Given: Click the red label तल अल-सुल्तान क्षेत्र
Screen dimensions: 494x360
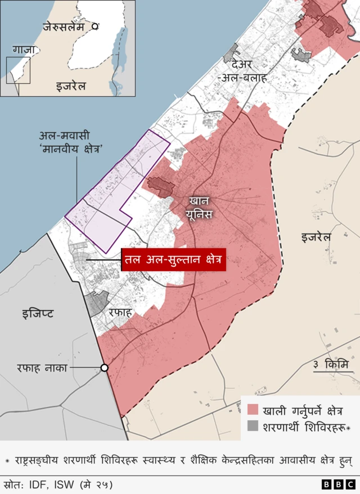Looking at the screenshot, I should pyautogui.click(x=173, y=260).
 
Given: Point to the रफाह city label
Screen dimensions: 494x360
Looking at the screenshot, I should pyautogui.click(x=120, y=312).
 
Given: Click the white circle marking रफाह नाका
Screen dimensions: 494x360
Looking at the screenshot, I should pyautogui.click(x=104, y=368).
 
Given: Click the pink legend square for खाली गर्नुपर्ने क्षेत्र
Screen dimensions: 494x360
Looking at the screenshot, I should pyautogui.click(x=253, y=409).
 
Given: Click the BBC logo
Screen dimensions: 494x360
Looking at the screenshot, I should pyautogui.click(x=338, y=484).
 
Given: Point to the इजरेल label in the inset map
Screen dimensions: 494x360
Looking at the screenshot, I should pyautogui.click(x=71, y=86).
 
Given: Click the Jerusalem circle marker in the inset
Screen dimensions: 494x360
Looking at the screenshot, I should pyautogui.click(x=96, y=26).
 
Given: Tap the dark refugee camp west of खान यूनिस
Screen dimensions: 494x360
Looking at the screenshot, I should pyautogui.click(x=160, y=186).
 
